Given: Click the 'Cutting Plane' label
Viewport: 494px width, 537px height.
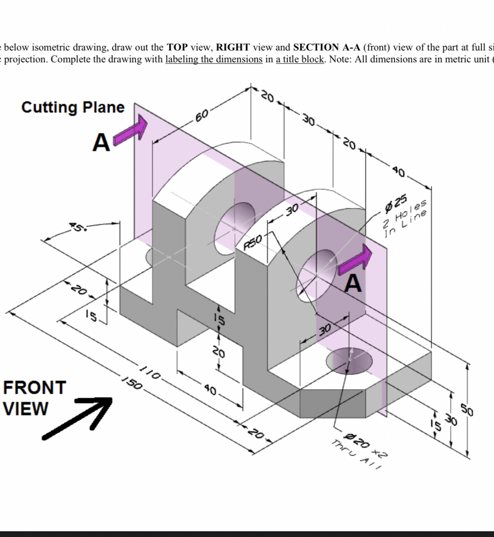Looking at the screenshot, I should (x=73, y=107).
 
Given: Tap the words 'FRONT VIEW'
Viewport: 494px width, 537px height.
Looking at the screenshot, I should (x=34, y=398).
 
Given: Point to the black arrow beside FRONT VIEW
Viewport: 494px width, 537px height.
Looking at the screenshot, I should (x=77, y=417).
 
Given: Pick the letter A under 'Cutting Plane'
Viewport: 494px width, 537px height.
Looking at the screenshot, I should (x=101, y=142).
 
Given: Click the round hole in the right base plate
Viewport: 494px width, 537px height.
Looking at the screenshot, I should (x=349, y=360).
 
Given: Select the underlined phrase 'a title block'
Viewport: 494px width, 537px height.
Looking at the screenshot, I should (x=300, y=59).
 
